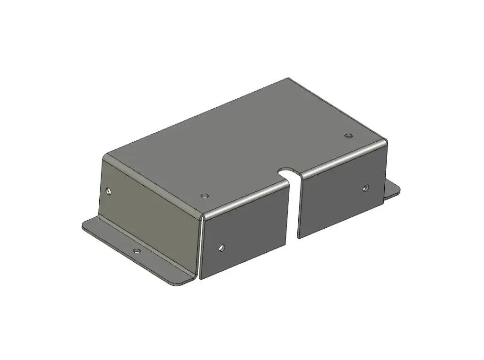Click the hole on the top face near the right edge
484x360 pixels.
coord(348,136)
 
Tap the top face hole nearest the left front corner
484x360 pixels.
coord(204,195)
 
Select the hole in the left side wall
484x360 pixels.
coord(109,191)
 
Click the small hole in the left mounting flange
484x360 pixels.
coord(137,251)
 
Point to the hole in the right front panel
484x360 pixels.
coord(365,188)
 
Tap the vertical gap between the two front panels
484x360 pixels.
coord(294,208)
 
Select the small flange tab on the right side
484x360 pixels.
coord(392,189)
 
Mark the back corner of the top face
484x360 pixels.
coord(289,79)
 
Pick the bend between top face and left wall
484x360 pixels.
coord(151,184)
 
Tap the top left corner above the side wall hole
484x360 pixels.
coord(106,156)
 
